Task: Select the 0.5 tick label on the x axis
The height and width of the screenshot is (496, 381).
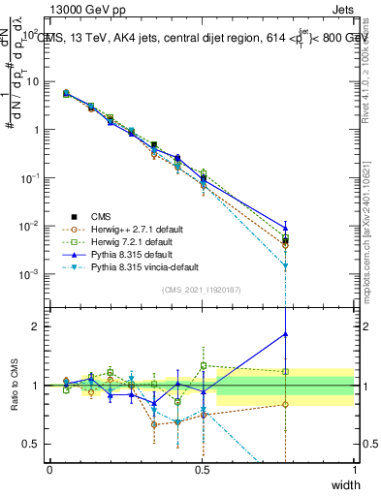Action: click(202, 468)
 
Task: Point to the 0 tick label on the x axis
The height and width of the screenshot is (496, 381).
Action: click(49, 468)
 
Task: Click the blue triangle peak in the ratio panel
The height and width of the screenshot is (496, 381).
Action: click(285, 334)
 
